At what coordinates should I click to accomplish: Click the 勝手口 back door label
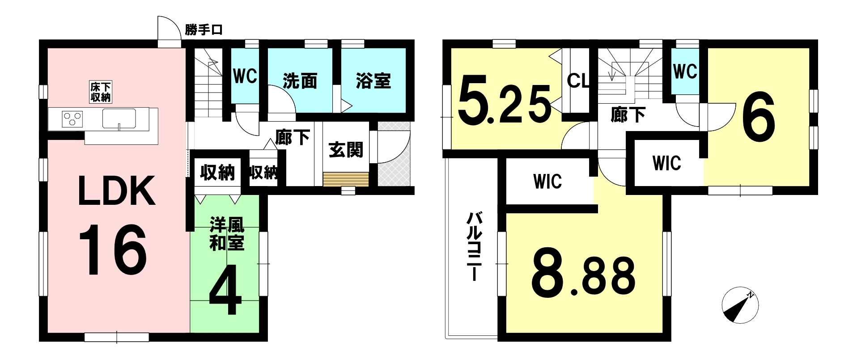(204, 30)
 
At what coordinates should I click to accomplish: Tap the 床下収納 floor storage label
(101, 92)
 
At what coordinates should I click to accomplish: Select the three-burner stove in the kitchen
(72, 119)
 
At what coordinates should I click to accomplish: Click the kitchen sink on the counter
(119, 119)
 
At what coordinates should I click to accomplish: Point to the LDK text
(117, 191)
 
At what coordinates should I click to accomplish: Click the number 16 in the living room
(112, 250)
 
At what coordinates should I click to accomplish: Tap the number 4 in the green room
(225, 292)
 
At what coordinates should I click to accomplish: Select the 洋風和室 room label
(227, 233)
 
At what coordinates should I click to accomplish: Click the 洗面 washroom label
(300, 81)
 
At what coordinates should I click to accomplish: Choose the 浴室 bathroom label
(373, 80)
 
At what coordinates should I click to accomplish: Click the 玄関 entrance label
(346, 150)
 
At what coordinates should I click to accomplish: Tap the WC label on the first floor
(245, 76)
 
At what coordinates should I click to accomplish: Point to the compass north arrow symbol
(740, 305)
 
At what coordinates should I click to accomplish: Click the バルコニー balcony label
(475, 246)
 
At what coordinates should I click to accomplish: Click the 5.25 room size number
(505, 106)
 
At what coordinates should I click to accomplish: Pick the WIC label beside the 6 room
(666, 163)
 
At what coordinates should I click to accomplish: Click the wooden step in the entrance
(346, 179)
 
